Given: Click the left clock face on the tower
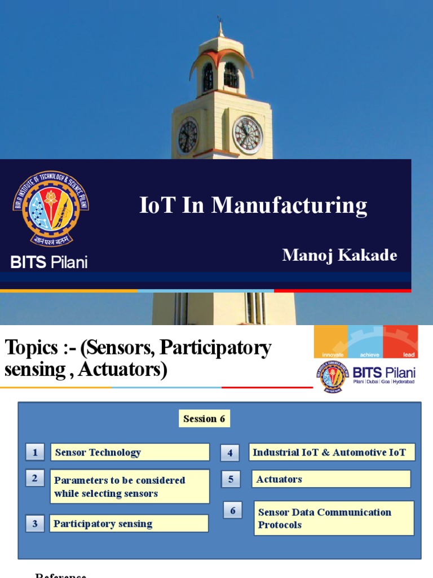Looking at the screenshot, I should pyautogui.click(x=188, y=136).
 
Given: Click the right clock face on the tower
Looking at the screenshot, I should pyautogui.click(x=248, y=135).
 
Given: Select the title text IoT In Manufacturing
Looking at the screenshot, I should pyautogui.click(x=253, y=205).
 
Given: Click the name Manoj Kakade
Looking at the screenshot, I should pyautogui.click(x=339, y=255).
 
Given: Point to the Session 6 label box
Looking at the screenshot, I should pyautogui.click(x=205, y=419).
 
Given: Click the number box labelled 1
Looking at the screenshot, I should pyautogui.click(x=35, y=452).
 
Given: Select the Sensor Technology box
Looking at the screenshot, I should pyautogui.click(x=130, y=452).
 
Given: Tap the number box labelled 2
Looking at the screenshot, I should pyautogui.click(x=35, y=478).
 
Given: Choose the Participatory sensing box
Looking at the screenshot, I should pyautogui.click(x=129, y=524).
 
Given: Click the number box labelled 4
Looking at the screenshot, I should pyautogui.click(x=230, y=453).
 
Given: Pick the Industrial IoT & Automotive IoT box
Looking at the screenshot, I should pyautogui.click(x=332, y=452).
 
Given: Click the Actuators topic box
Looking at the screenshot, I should pyautogui.click(x=331, y=479).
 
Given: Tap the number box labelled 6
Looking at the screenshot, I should pyautogui.click(x=232, y=511).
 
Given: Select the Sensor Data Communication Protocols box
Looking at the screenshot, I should pyautogui.click(x=334, y=518).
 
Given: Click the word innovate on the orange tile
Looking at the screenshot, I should pyautogui.click(x=332, y=354).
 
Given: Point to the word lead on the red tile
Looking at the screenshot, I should pyautogui.click(x=409, y=354).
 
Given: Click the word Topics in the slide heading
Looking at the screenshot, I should pyautogui.click(x=31, y=348).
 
